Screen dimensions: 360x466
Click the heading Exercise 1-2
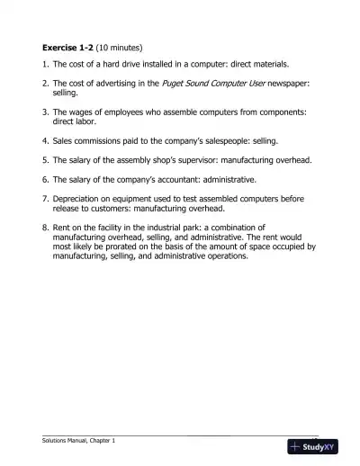(x=71, y=46)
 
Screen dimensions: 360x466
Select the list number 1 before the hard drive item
(x=44, y=65)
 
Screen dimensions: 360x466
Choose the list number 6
(x=44, y=179)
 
